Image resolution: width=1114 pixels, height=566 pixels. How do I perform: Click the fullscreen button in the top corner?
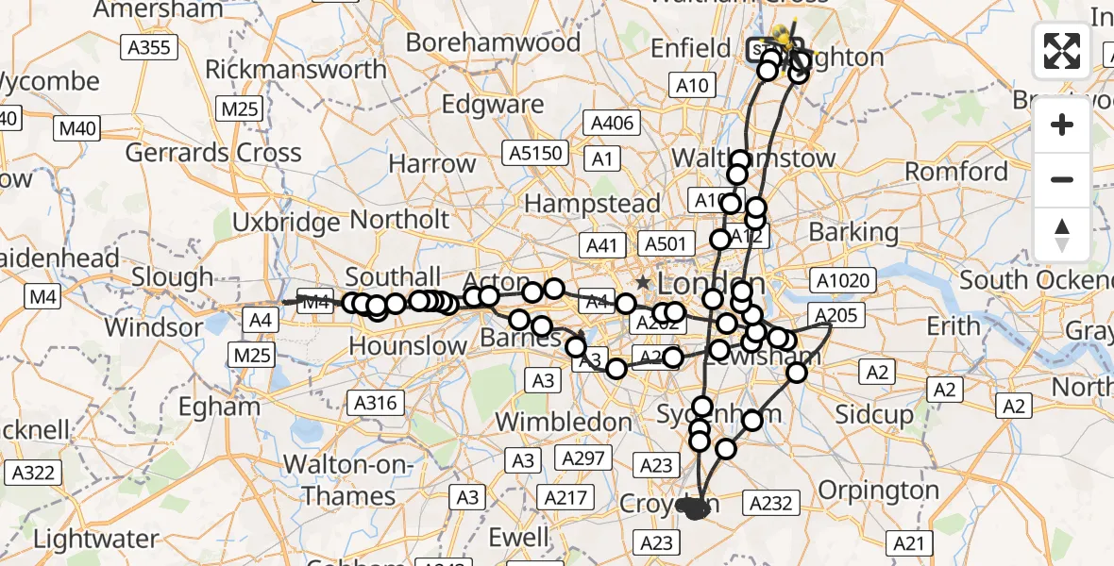point(1062,51)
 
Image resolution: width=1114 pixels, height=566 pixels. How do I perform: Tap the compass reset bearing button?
point(1062,233)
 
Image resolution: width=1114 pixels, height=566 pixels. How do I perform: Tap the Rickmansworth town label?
point(295,69)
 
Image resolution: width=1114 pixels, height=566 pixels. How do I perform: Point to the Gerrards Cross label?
point(213,153)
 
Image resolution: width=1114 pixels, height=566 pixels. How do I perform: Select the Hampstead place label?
point(592,204)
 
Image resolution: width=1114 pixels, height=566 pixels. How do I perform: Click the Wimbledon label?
point(565,421)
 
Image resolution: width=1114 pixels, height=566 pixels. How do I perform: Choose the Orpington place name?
point(878,491)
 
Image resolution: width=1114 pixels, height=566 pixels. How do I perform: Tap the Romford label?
point(956,172)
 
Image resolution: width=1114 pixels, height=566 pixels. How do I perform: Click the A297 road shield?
point(583,458)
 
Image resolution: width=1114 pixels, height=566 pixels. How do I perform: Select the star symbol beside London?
point(643,282)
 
